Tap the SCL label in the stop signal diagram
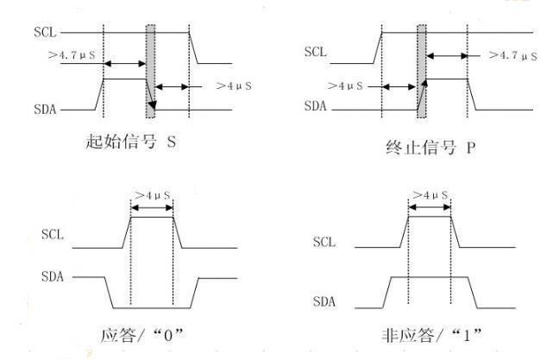click(x=316, y=53)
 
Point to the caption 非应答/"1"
click(x=429, y=335)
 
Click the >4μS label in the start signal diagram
click(x=234, y=85)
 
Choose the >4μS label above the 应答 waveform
click(x=151, y=194)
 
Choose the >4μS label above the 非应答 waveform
click(x=430, y=195)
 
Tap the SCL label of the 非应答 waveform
click(x=325, y=242)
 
